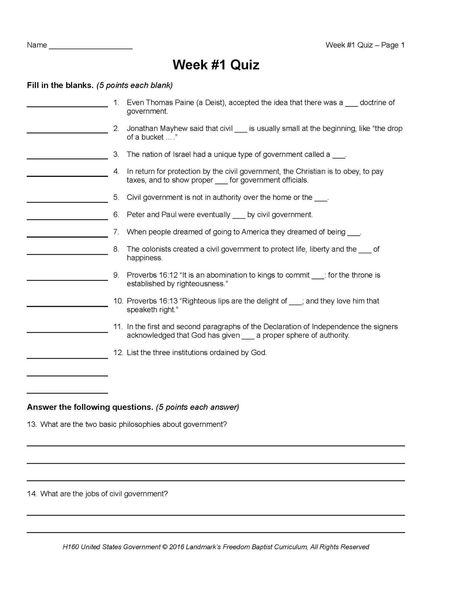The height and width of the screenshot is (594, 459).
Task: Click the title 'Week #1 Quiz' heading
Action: tap(216, 65)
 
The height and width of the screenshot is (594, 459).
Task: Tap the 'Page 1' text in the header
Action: tap(393, 45)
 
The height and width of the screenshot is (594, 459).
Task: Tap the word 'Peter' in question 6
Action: tap(136, 215)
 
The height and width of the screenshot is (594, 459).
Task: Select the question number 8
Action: tap(116, 249)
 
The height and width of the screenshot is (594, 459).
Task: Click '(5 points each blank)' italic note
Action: tap(135, 85)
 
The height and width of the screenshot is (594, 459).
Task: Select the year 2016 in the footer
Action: tap(176, 547)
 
